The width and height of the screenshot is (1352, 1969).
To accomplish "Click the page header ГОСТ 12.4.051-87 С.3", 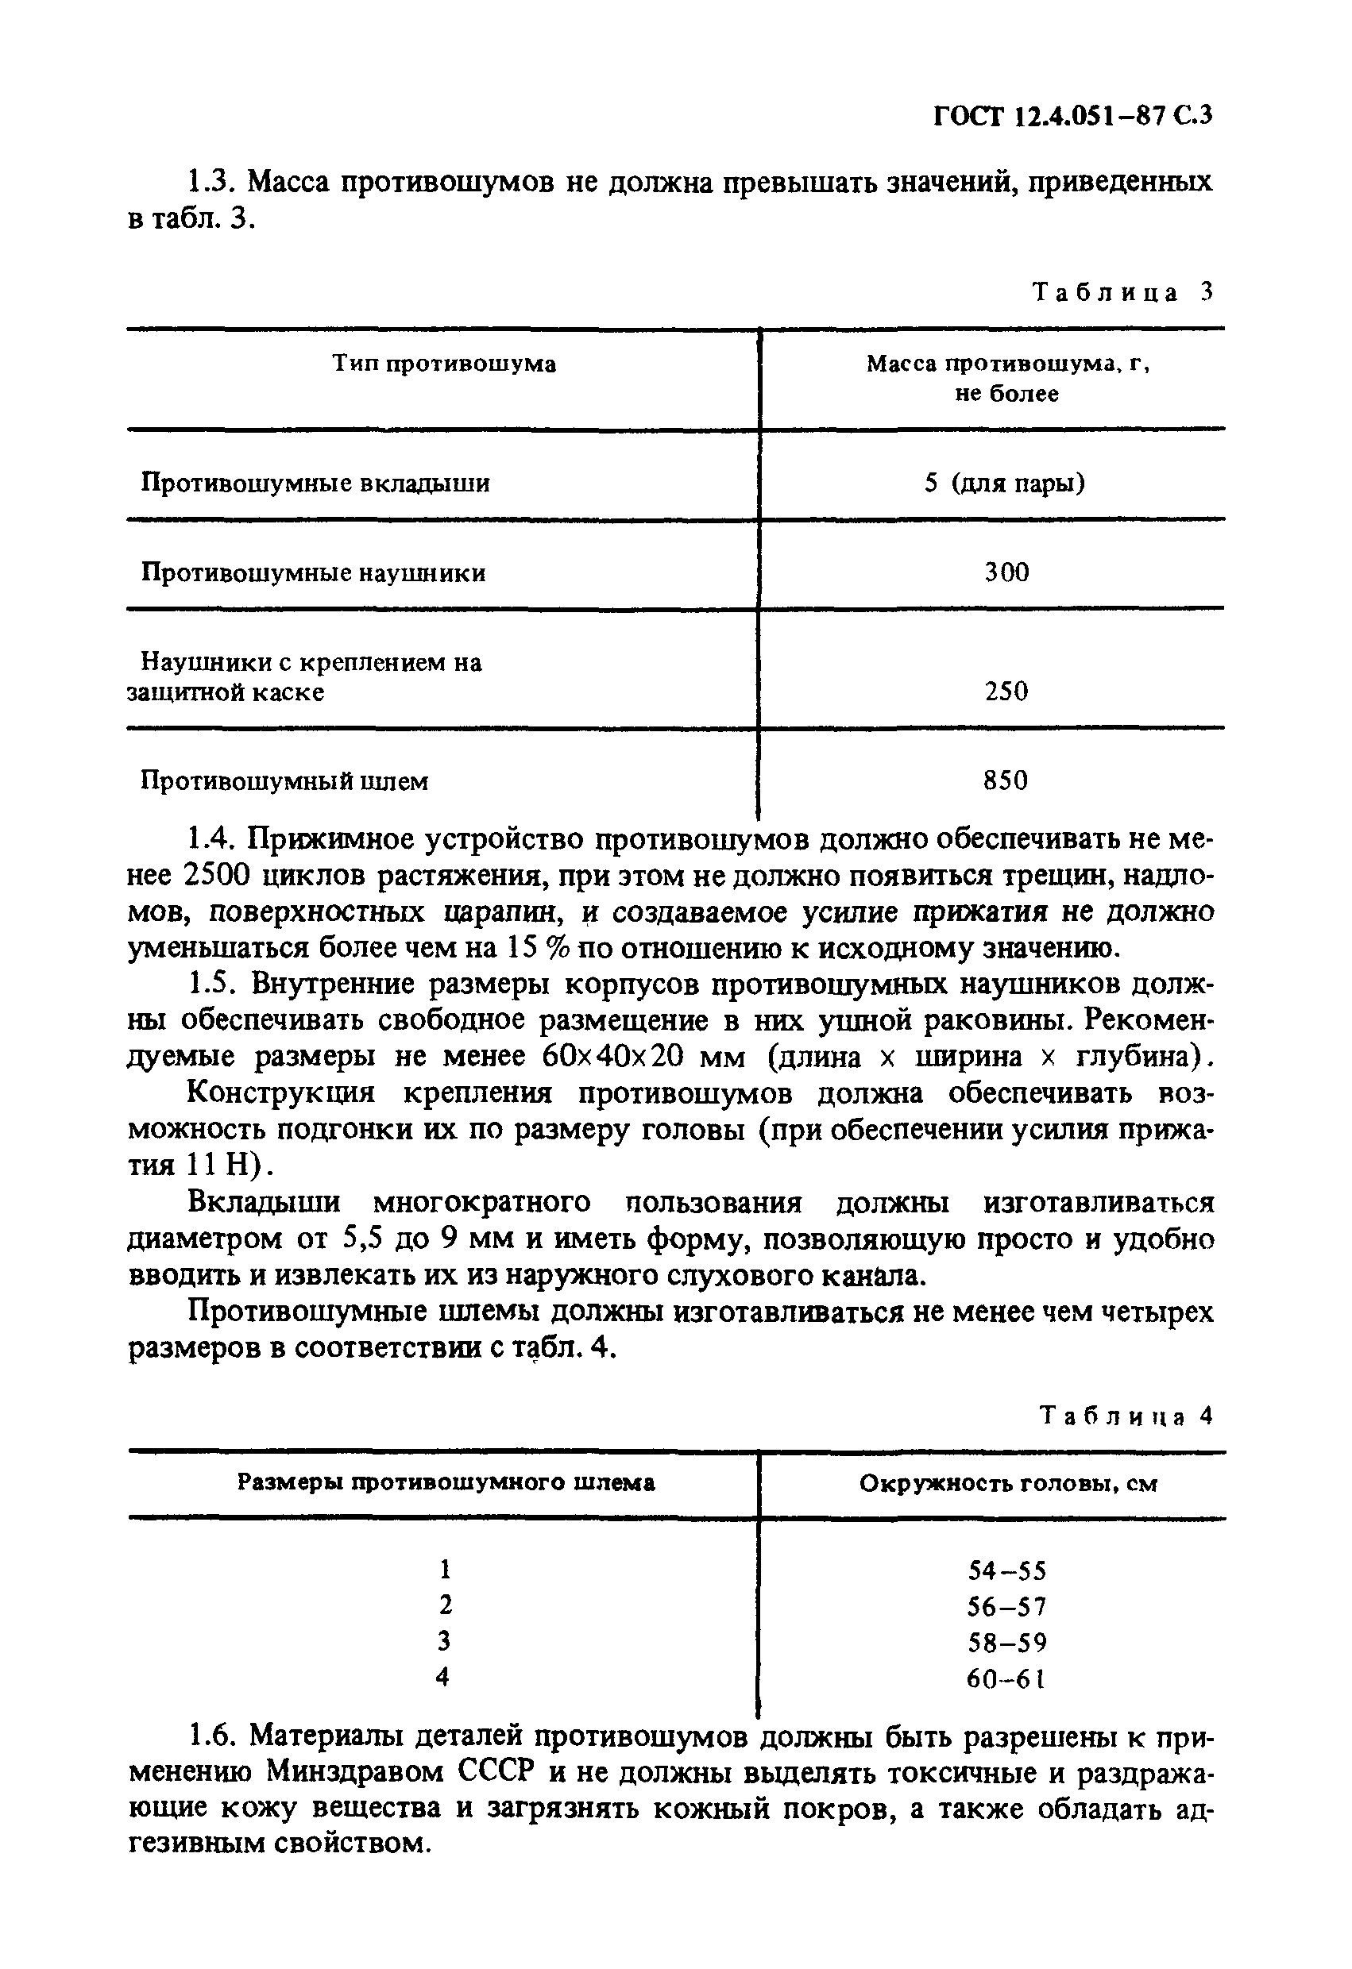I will [1073, 116].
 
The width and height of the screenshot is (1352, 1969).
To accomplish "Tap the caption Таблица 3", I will [1122, 292].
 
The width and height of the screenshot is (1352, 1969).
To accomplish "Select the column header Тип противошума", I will [443, 364].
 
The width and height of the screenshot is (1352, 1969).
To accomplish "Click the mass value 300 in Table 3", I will [1006, 572].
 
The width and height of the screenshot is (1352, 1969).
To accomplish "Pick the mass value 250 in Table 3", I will [1006, 692].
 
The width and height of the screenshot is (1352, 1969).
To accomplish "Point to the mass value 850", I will [1006, 780].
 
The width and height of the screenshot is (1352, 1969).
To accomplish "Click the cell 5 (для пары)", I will [1004, 484].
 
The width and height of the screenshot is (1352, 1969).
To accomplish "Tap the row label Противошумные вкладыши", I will [315, 484].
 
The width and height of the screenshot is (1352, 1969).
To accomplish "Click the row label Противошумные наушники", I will [313, 573].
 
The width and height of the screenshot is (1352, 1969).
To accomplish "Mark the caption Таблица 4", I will [1126, 1416].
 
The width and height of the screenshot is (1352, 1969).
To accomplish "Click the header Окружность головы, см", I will [1008, 1485].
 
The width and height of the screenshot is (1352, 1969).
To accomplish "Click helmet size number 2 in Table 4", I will [445, 1605].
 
